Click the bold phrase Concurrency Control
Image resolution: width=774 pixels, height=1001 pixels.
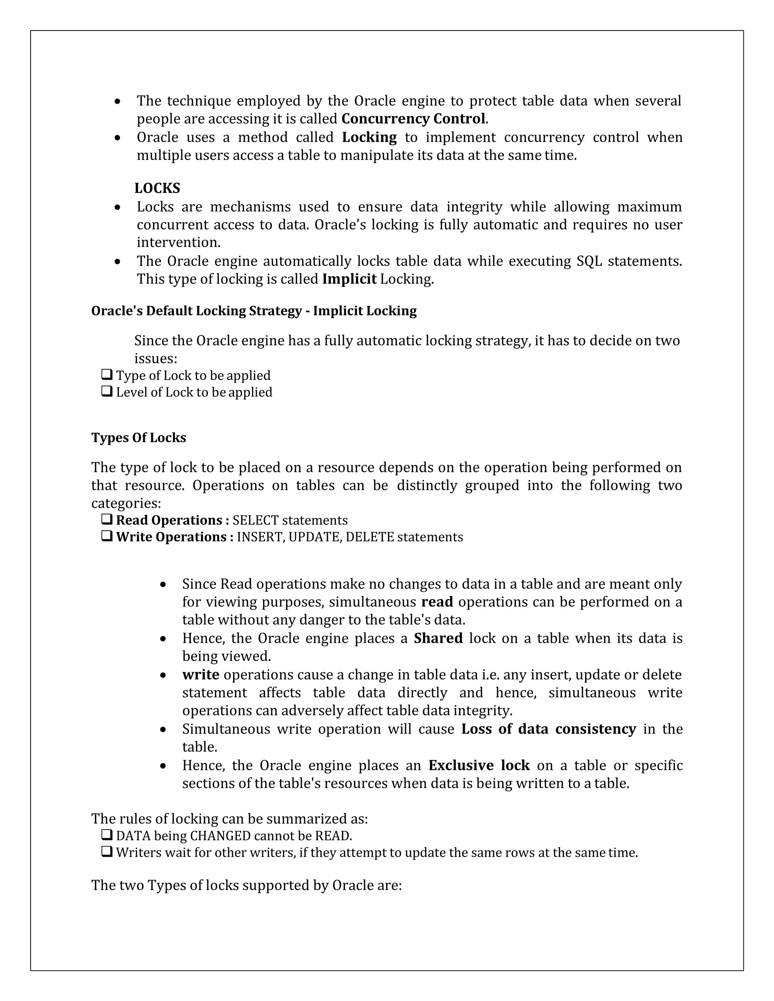coord(413,119)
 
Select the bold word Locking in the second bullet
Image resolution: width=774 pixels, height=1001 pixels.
coord(369,137)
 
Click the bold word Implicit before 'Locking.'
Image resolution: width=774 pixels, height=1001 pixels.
coord(349,279)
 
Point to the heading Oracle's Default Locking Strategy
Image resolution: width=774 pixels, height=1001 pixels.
coord(254,311)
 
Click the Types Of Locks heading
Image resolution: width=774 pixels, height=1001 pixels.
coord(138,438)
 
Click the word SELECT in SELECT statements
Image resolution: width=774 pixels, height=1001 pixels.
coord(255,520)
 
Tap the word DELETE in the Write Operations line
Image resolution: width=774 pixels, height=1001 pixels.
coord(370,537)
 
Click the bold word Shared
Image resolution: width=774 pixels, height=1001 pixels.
coord(438,638)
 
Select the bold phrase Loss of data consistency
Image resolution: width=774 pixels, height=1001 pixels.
coord(548,729)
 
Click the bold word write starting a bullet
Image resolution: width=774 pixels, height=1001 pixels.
coord(200,675)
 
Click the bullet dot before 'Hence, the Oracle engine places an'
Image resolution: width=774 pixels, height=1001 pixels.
coord(163,766)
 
